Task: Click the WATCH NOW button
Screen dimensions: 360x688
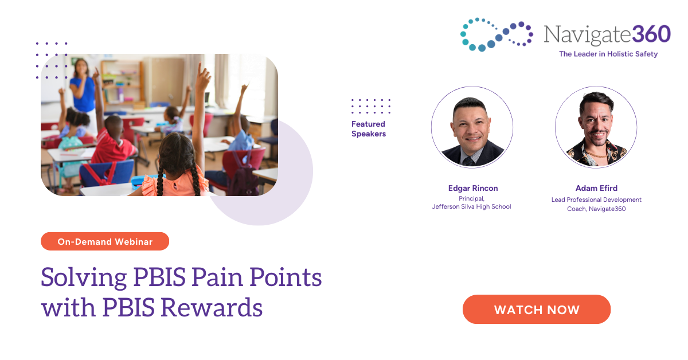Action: coord(536,310)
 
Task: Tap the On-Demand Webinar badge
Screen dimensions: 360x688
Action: coord(105,241)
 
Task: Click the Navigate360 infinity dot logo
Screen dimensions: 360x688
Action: coord(496,34)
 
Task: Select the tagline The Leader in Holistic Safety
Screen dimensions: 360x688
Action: coord(608,54)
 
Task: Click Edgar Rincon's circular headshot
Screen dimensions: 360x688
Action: coord(472,127)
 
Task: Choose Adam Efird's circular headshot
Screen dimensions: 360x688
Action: coord(596,127)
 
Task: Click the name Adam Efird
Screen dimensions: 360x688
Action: coord(596,188)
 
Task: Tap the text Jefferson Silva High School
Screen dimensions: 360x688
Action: coord(471,206)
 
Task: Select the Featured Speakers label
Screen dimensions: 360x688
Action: coord(368,129)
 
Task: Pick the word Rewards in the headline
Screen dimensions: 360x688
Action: coord(212,308)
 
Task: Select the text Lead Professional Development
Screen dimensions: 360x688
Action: coord(596,199)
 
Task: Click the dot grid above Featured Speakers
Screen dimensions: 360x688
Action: coord(371,106)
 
